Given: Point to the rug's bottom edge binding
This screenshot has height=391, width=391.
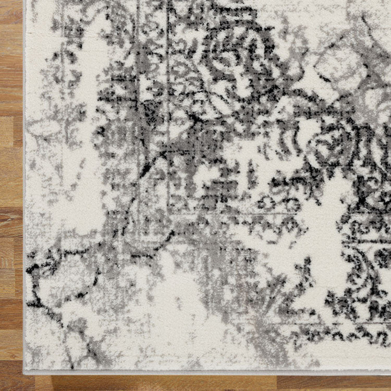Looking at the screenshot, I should tap(209, 372).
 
